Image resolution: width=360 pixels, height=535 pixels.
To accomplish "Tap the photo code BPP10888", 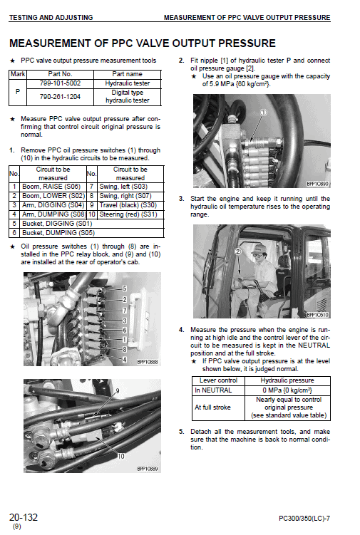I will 147,361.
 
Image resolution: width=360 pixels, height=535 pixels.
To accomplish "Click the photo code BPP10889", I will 147,468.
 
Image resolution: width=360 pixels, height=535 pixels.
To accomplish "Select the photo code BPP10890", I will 318,184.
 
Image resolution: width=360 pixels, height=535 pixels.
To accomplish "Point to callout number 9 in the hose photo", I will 118,392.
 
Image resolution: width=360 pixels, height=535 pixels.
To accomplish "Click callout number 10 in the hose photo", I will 120,455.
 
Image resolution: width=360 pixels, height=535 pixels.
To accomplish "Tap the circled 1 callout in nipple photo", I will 263,112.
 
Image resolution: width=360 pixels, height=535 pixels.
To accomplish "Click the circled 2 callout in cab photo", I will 239,251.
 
